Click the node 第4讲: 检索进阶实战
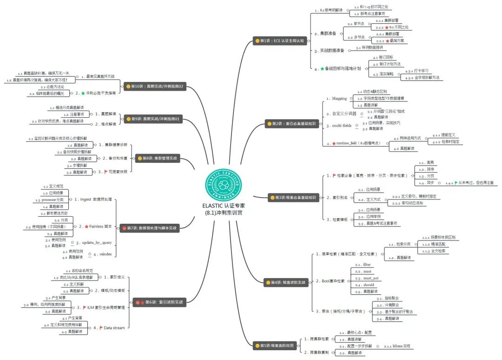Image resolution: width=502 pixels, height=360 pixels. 284,282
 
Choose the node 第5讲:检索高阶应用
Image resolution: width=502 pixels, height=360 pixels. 275,346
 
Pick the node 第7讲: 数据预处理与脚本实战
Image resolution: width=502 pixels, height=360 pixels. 149,228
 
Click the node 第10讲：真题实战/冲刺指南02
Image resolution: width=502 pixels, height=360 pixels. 153,86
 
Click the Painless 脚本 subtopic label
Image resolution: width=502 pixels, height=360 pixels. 100,226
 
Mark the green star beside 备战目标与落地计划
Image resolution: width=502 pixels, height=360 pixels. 322,68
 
